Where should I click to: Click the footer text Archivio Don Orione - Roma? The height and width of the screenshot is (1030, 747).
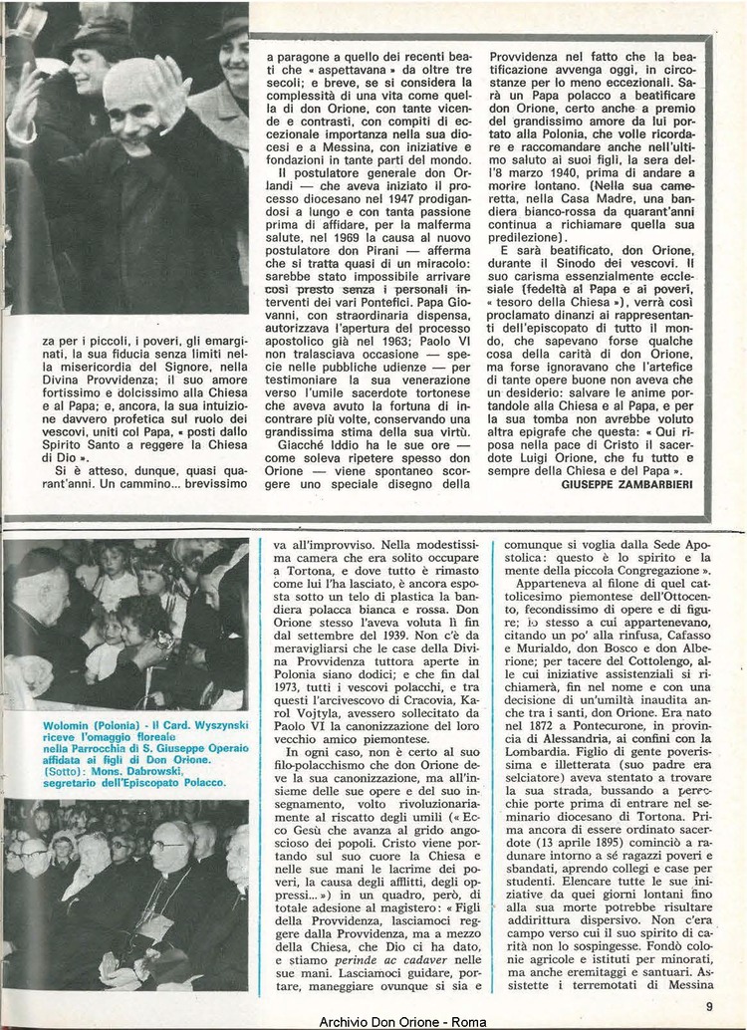pyautogui.click(x=394, y=1021)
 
